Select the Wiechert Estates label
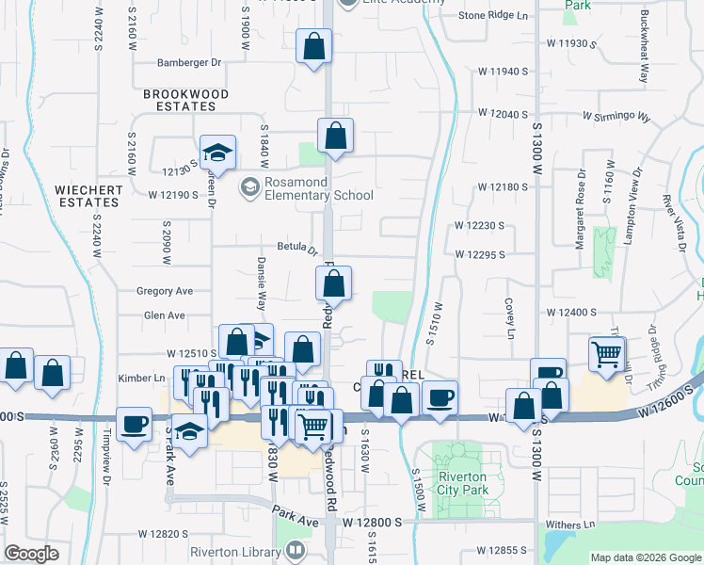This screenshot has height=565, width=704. point(88,196)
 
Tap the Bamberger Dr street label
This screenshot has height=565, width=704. point(189,62)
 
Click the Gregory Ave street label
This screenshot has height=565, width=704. point(164,291)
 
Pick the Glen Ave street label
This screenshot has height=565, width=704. point(164,315)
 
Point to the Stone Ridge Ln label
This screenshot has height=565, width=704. point(493,16)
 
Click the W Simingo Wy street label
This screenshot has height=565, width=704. point(616,117)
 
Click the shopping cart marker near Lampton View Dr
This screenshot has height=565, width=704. point(607,354)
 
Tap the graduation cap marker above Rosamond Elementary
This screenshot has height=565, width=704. point(217,153)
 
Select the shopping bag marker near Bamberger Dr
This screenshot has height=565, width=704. point(313,46)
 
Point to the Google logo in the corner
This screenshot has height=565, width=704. point(32,554)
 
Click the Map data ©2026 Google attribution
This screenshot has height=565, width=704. point(647,557)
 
